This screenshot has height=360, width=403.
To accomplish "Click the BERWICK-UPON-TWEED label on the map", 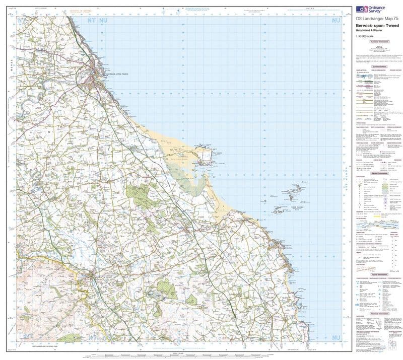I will pos(117,74).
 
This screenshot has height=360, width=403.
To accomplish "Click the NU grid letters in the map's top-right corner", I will pos(334,21).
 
